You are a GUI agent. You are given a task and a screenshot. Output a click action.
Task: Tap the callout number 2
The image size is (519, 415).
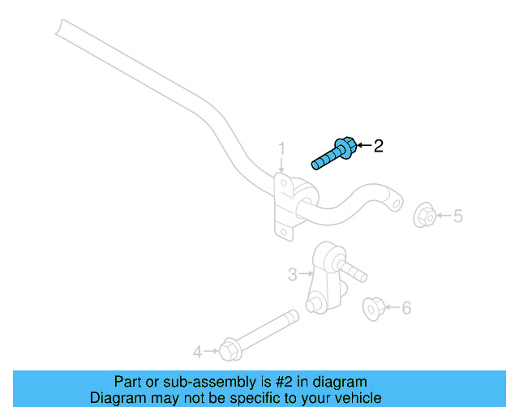pos(378,146)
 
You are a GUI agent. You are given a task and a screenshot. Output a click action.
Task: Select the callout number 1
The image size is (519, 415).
pos(282,148)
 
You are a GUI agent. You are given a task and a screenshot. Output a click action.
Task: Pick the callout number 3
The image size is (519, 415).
pos(293,275)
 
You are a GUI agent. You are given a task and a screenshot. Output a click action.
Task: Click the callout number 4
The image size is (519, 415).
pos(197,352)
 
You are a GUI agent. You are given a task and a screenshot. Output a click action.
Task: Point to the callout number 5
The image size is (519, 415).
pos(458,216)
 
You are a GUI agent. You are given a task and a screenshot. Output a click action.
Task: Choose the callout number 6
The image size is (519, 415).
pos(406,307)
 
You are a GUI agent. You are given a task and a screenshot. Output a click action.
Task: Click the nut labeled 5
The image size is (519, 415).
pos(424,216)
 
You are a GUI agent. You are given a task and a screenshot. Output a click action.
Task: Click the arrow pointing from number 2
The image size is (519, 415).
pos(362,146)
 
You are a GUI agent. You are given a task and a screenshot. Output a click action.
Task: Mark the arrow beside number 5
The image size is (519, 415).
pos(444,216)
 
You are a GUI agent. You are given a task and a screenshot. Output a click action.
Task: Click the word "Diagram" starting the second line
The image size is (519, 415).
pos(116,398)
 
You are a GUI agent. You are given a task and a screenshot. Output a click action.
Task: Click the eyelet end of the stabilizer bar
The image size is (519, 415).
pos(395,199)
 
